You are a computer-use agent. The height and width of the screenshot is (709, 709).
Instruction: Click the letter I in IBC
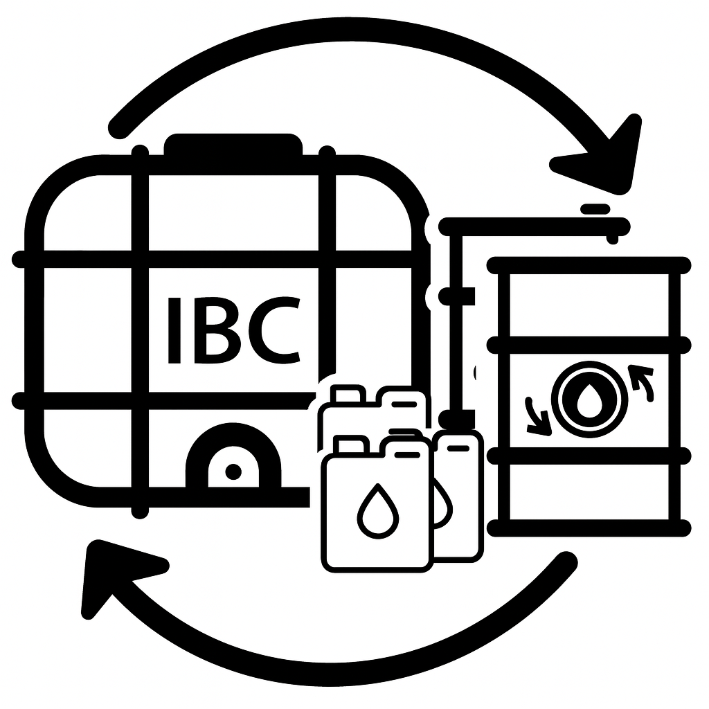(174, 330)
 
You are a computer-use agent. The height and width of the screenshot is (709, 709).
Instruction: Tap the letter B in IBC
(217, 330)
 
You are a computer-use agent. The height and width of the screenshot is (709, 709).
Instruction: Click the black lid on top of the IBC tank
(233, 145)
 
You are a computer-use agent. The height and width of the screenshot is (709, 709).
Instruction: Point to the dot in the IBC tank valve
(233, 472)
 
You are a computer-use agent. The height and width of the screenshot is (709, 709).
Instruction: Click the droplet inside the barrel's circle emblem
(589, 401)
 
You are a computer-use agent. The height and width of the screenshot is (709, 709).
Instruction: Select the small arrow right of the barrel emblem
(642, 381)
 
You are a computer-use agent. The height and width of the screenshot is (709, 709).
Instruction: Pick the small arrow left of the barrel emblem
(538, 417)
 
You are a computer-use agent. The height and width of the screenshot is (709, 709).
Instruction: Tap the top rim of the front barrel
(589, 265)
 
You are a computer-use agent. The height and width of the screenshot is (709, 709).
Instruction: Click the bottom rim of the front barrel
(589, 528)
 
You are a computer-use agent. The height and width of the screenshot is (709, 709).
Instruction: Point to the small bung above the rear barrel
(595, 209)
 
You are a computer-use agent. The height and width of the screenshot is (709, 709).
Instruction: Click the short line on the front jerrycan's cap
(407, 455)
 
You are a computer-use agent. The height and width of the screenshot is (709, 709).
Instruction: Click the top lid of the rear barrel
(535, 226)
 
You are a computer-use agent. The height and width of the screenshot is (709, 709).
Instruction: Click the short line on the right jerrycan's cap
(458, 448)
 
